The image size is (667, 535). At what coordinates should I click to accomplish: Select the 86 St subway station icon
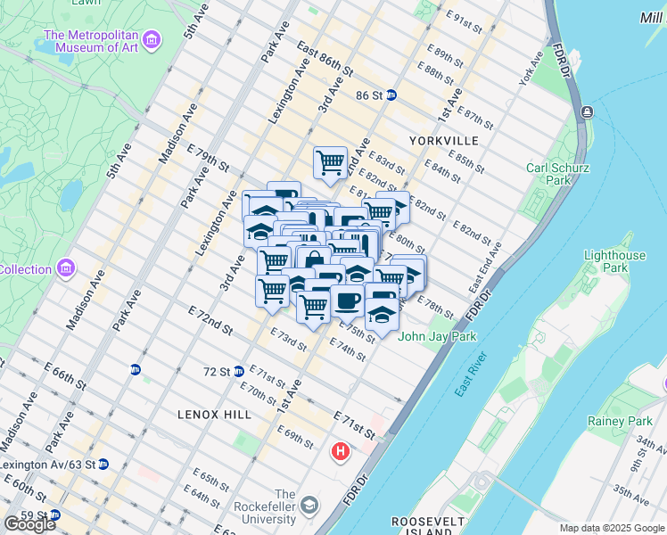click(391, 95)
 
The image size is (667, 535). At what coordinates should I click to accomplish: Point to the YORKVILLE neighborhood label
click(443, 141)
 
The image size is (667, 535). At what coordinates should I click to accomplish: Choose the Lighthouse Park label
click(614, 261)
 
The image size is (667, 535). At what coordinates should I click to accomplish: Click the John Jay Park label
click(437, 336)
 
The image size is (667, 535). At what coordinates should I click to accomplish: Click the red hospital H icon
click(340, 452)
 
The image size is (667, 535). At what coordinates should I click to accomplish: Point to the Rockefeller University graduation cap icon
click(309, 506)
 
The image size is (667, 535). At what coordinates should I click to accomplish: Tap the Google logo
click(30, 524)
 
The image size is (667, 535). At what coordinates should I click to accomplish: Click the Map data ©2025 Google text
click(612, 528)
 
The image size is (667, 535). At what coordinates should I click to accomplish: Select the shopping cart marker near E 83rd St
click(330, 162)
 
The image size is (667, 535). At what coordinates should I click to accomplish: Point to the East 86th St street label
click(325, 57)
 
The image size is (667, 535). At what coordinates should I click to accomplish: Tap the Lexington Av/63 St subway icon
click(103, 465)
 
